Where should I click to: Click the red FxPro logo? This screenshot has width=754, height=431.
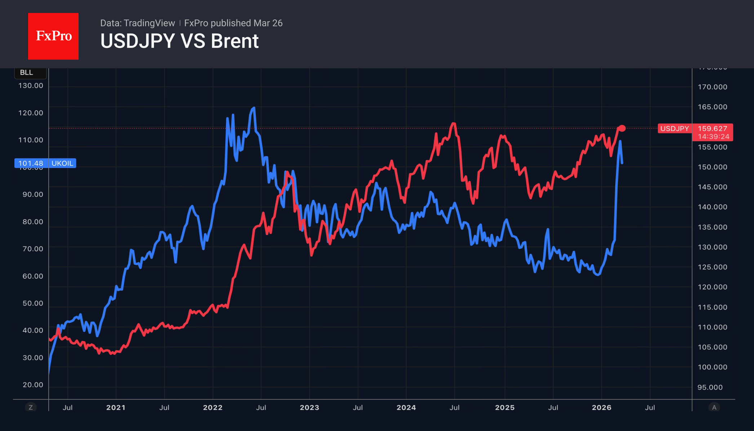pos(53,36)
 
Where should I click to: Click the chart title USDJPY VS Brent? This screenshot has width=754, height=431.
pos(179,41)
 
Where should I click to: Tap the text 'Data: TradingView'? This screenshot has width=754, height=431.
pos(137,23)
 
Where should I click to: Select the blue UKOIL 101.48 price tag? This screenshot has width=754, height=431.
pos(45,163)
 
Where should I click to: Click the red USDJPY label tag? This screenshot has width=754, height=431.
pos(674,129)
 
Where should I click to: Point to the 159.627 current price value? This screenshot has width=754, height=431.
pos(712,129)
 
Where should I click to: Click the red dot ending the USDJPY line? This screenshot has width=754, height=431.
pos(622,128)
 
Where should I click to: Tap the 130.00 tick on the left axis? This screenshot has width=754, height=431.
pos(31,86)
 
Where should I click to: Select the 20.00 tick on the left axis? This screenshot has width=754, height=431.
pos(33,385)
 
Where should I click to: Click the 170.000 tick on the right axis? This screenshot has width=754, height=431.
pos(712,87)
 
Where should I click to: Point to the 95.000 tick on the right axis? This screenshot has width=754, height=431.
pos(710,387)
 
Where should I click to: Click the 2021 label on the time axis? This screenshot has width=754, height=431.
pos(116,408)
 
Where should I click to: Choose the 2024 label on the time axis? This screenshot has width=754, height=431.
pos(406,408)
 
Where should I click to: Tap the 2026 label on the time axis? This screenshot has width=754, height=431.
pos(602,408)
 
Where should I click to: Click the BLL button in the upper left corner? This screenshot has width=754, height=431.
pos(27,72)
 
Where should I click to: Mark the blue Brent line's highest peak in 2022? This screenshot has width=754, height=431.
pos(254,108)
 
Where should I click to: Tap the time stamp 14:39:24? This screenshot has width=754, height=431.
pos(713,137)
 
